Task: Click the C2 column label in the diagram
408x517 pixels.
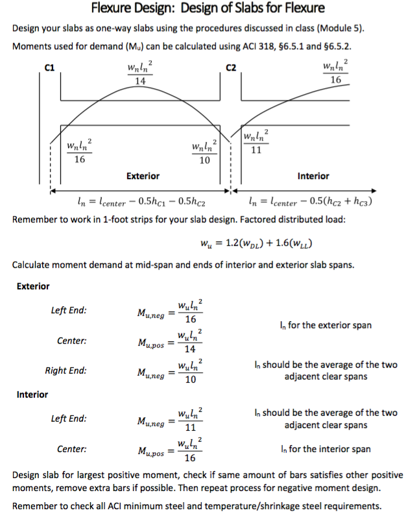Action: (230, 67)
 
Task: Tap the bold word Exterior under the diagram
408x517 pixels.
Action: (143, 176)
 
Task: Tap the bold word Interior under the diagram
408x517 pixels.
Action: (313, 176)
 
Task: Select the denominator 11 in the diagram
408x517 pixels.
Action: (256, 149)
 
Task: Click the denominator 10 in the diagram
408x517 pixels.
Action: (204, 160)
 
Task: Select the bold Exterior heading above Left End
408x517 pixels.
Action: (33, 285)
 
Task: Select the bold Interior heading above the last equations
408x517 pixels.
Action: (32, 394)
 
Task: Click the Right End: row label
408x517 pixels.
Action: (66, 371)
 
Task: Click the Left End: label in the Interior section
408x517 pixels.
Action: (69, 419)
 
